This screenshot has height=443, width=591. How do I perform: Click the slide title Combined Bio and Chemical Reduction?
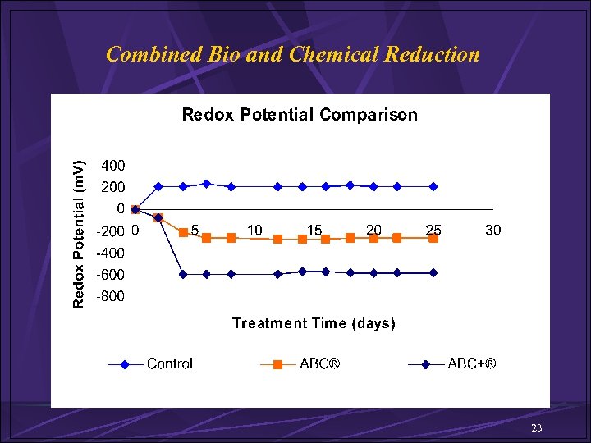[293, 55]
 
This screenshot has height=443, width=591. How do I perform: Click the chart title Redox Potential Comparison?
[299, 115]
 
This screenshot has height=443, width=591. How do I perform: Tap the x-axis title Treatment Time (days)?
[314, 323]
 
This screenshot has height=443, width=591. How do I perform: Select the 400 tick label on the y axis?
[113, 165]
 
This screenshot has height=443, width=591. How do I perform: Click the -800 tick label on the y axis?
[111, 297]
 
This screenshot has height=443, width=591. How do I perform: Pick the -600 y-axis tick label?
[111, 275]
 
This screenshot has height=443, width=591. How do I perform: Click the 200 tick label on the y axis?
[113, 187]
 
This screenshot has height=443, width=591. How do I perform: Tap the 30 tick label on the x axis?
[492, 231]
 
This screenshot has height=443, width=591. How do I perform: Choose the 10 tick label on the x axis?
[254, 231]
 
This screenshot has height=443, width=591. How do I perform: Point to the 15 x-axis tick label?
[314, 231]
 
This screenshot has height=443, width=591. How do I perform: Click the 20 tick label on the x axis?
[373, 231]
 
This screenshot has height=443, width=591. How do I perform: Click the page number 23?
[537, 428]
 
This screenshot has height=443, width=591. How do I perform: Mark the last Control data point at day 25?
[433, 186]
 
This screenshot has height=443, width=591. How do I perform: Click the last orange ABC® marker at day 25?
[433, 238]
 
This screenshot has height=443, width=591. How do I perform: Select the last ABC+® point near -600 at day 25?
[433, 272]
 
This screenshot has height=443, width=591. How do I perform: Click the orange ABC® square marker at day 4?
[183, 232]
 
